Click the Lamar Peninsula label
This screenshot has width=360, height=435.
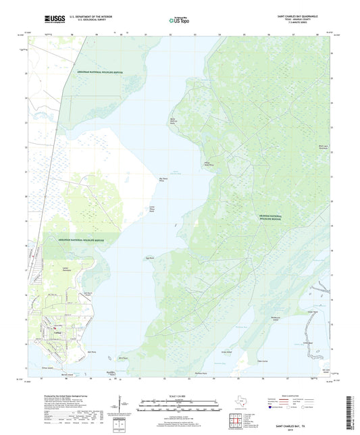point(66,268)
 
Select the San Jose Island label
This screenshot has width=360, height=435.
point(326,370)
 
